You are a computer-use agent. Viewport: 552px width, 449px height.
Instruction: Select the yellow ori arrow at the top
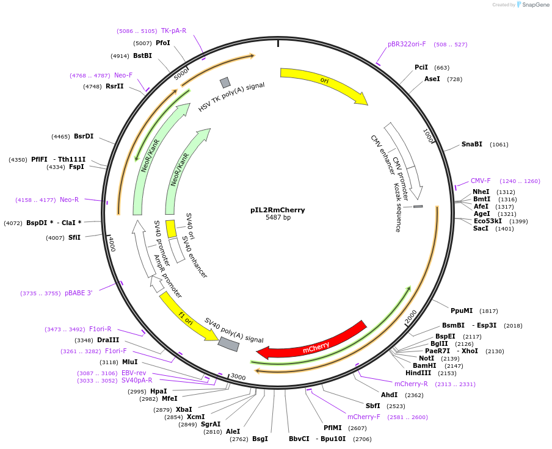[324, 82]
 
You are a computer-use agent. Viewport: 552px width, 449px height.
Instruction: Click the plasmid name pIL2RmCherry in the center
[278, 210]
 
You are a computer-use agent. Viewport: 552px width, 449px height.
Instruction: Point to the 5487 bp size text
[278, 218]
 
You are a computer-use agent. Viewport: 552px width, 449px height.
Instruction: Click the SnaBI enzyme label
[471, 145]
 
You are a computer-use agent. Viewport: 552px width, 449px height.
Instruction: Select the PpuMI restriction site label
[462, 311]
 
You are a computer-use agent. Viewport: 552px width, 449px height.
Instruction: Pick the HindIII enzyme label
[418, 373]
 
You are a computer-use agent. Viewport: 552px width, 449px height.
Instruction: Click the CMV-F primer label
[481, 181]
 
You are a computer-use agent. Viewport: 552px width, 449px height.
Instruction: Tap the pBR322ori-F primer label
[407, 44]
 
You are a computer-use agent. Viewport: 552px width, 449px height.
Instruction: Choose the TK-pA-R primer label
[173, 31]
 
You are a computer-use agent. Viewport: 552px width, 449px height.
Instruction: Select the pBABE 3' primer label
[78, 293]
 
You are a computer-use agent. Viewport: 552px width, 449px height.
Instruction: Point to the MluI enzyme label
[129, 362]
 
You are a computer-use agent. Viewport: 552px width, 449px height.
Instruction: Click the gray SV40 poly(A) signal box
[228, 344]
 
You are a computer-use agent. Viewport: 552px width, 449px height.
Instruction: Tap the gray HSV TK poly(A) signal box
[225, 82]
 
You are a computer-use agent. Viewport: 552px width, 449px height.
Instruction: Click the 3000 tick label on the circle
[238, 377]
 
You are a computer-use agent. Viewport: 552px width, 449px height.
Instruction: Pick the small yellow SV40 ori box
[171, 229]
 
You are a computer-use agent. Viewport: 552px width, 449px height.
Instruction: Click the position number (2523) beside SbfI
[396, 406]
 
